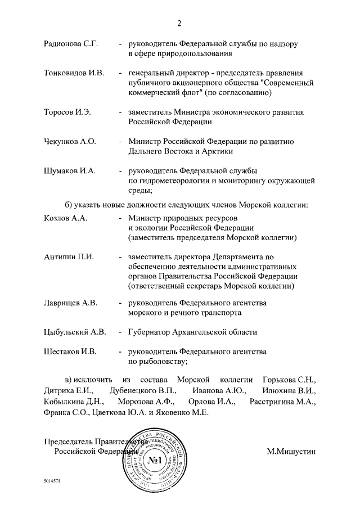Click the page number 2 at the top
(x=179, y=23)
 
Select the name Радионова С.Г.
(x=70, y=43)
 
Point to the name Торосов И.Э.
(x=67, y=112)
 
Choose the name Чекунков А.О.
(x=70, y=141)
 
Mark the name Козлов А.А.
(x=65, y=218)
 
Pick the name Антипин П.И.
(x=68, y=256)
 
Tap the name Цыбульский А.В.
(x=75, y=332)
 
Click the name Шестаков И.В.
(x=70, y=352)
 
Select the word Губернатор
(x=150, y=332)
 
